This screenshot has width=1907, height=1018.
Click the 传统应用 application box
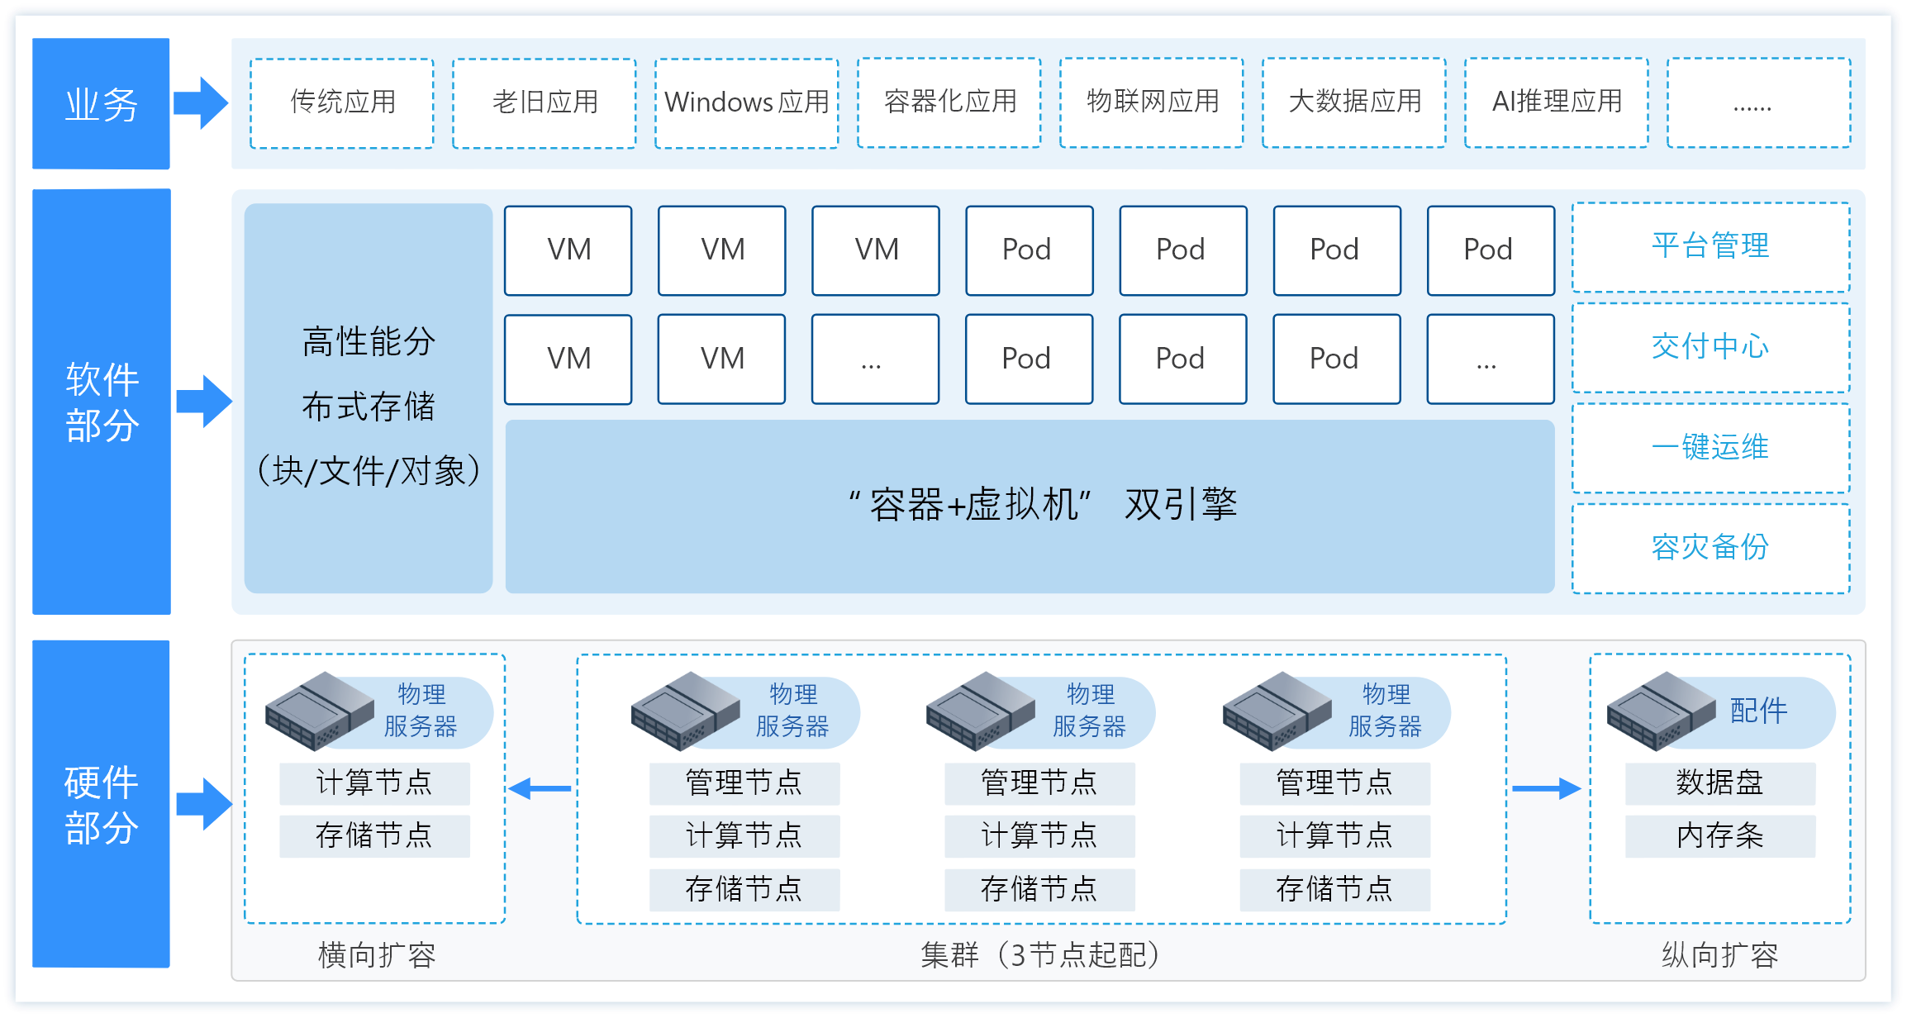pos(342,102)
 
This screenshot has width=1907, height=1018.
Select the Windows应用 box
pos(747,102)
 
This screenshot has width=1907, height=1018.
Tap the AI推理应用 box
pos(1557,102)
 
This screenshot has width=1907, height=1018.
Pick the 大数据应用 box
pos(1354,102)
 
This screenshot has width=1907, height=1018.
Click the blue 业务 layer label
pos(101,104)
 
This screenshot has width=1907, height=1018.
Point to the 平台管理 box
pos(1710,247)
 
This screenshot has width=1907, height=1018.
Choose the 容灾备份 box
pos(1710,548)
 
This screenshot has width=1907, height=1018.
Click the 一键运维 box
pos(1710,448)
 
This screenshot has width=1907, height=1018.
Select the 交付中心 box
pos(1710,347)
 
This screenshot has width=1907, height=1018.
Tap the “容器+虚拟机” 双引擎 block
pos(1030,506)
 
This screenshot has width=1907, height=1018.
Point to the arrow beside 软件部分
pos(204,402)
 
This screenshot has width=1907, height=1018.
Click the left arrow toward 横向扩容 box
pos(540,789)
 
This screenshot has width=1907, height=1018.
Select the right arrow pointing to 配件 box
pos(1546,789)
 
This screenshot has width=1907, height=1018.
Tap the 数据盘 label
pos(1720,783)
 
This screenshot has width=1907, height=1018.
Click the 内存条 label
pos(1720,835)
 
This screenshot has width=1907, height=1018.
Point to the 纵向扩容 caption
pos(1720,955)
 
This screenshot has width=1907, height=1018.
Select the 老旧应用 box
pos(545,102)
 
